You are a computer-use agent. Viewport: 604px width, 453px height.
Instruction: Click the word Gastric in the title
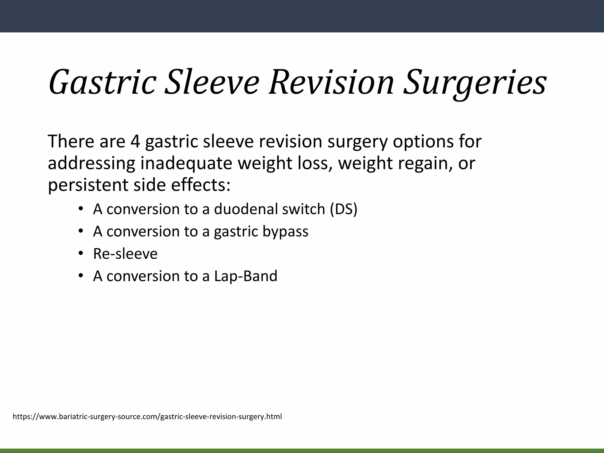click(102, 83)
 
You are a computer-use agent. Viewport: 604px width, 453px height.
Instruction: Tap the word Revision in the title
click(331, 83)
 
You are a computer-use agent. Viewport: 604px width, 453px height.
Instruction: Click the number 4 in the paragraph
click(135, 141)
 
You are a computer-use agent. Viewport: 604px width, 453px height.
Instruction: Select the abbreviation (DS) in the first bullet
click(344, 209)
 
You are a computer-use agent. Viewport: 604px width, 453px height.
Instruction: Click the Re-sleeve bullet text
click(125, 254)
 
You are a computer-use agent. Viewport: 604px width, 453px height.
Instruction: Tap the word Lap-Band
click(246, 276)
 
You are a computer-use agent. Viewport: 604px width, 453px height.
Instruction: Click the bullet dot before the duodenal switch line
click(81, 209)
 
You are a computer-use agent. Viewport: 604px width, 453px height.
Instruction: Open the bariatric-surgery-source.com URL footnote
click(147, 417)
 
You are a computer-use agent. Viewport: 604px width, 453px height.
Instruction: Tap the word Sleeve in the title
click(211, 83)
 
